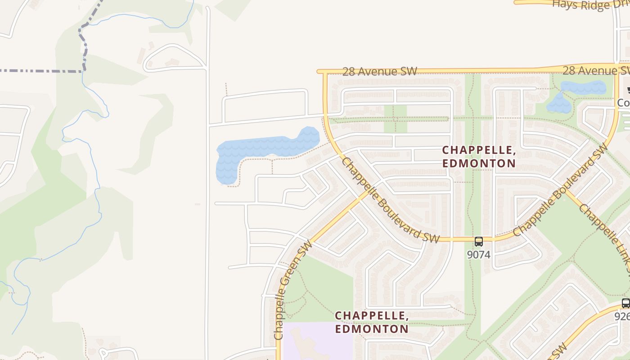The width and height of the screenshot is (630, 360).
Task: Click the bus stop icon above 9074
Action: tap(478, 241)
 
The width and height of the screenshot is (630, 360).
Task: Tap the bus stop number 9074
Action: tap(478, 255)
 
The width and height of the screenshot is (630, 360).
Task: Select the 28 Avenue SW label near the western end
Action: tap(379, 72)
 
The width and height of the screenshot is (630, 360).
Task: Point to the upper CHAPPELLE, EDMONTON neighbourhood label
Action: tap(479, 157)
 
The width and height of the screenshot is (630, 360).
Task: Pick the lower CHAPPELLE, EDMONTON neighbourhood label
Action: tap(372, 322)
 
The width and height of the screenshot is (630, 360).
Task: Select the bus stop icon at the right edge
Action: tap(625, 303)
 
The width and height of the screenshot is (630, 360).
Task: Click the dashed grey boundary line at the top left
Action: tap(40, 71)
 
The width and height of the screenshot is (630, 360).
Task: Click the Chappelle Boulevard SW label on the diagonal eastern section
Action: tap(560, 192)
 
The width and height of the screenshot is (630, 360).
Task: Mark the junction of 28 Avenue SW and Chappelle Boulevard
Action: tap(324, 72)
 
